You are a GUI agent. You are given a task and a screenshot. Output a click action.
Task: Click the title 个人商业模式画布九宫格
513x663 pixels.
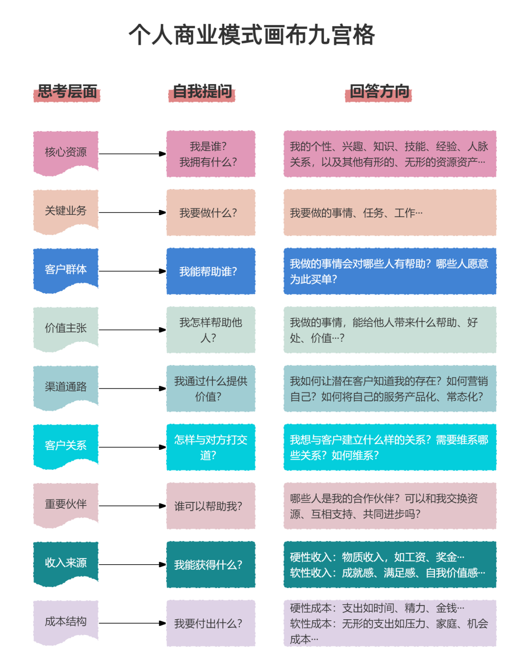click(x=252, y=36)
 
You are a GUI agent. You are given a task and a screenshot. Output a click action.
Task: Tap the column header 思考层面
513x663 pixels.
click(x=67, y=92)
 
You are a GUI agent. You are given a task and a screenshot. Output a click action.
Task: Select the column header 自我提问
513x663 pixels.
click(x=202, y=92)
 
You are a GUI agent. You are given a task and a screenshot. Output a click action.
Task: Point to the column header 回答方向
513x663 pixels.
click(x=379, y=92)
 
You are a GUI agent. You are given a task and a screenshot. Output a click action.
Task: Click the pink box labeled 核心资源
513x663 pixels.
click(x=66, y=152)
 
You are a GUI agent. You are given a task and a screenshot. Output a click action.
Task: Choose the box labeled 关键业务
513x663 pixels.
click(x=66, y=210)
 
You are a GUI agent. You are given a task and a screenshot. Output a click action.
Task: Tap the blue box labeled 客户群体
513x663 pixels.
click(x=66, y=269)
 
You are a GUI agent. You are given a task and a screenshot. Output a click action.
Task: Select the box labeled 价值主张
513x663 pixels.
click(x=66, y=328)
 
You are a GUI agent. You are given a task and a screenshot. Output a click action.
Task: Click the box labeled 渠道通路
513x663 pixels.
click(x=66, y=387)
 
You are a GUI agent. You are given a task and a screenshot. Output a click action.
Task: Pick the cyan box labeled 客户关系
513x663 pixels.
click(x=66, y=445)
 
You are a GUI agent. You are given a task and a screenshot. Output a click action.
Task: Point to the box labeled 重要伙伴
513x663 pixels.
click(x=66, y=504)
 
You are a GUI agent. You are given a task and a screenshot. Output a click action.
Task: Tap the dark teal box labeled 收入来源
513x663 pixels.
click(x=66, y=562)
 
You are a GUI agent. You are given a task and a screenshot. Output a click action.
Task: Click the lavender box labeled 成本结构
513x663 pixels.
click(x=66, y=621)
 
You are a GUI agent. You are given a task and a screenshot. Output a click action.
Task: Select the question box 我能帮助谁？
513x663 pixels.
click(x=211, y=271)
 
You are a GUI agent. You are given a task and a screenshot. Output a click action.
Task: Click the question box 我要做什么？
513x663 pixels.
click(x=211, y=213)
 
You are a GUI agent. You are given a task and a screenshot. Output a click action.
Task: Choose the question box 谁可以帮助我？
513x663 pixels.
click(x=211, y=506)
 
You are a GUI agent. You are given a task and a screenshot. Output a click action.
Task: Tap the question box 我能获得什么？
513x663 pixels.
click(x=211, y=565)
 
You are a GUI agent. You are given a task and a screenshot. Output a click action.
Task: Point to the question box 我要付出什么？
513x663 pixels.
click(x=211, y=623)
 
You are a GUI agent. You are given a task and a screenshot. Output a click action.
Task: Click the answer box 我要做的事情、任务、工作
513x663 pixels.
click(x=390, y=213)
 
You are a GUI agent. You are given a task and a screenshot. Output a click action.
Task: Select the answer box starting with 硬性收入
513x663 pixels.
click(x=390, y=565)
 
